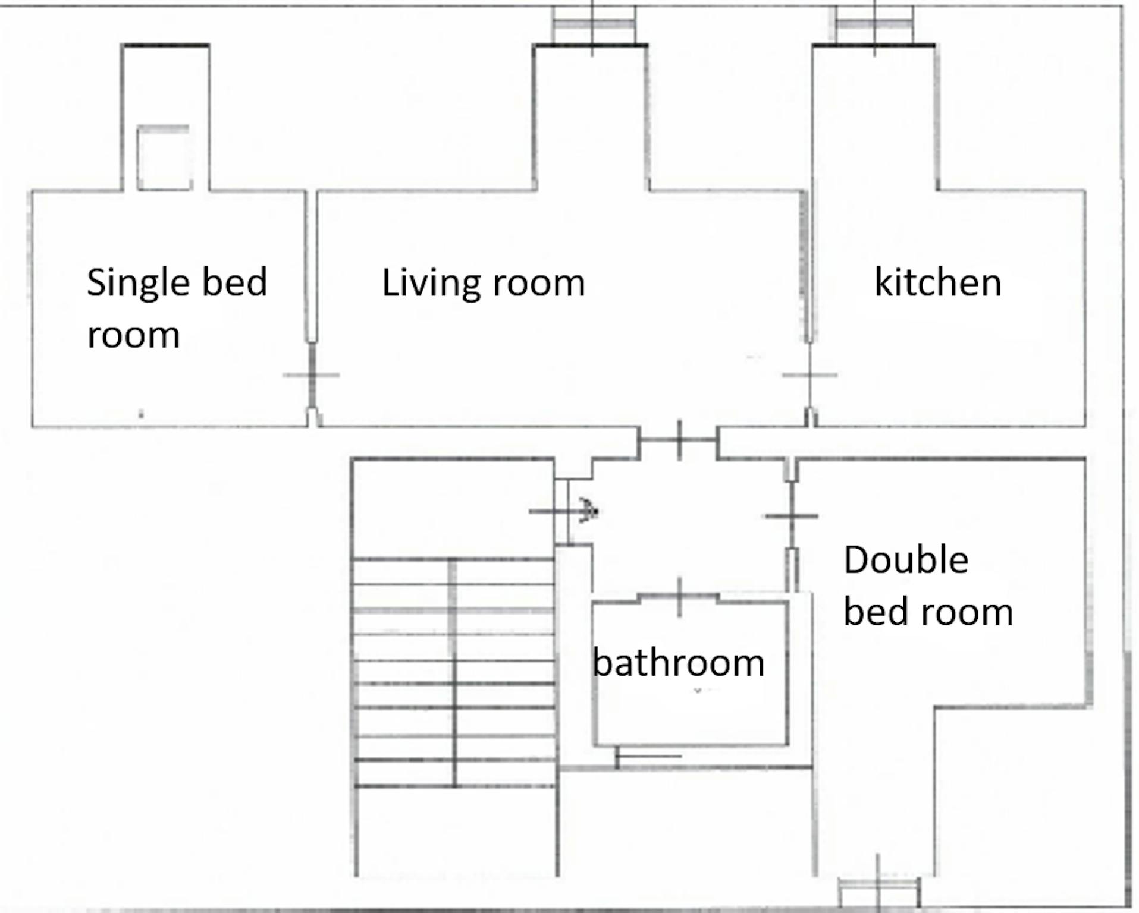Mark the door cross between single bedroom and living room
[311, 375]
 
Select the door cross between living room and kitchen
[809, 375]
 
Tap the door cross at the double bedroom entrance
[791, 516]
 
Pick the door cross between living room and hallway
[679, 440]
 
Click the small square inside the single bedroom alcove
[164, 158]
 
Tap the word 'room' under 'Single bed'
[133, 336]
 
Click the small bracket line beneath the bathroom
[648, 757]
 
